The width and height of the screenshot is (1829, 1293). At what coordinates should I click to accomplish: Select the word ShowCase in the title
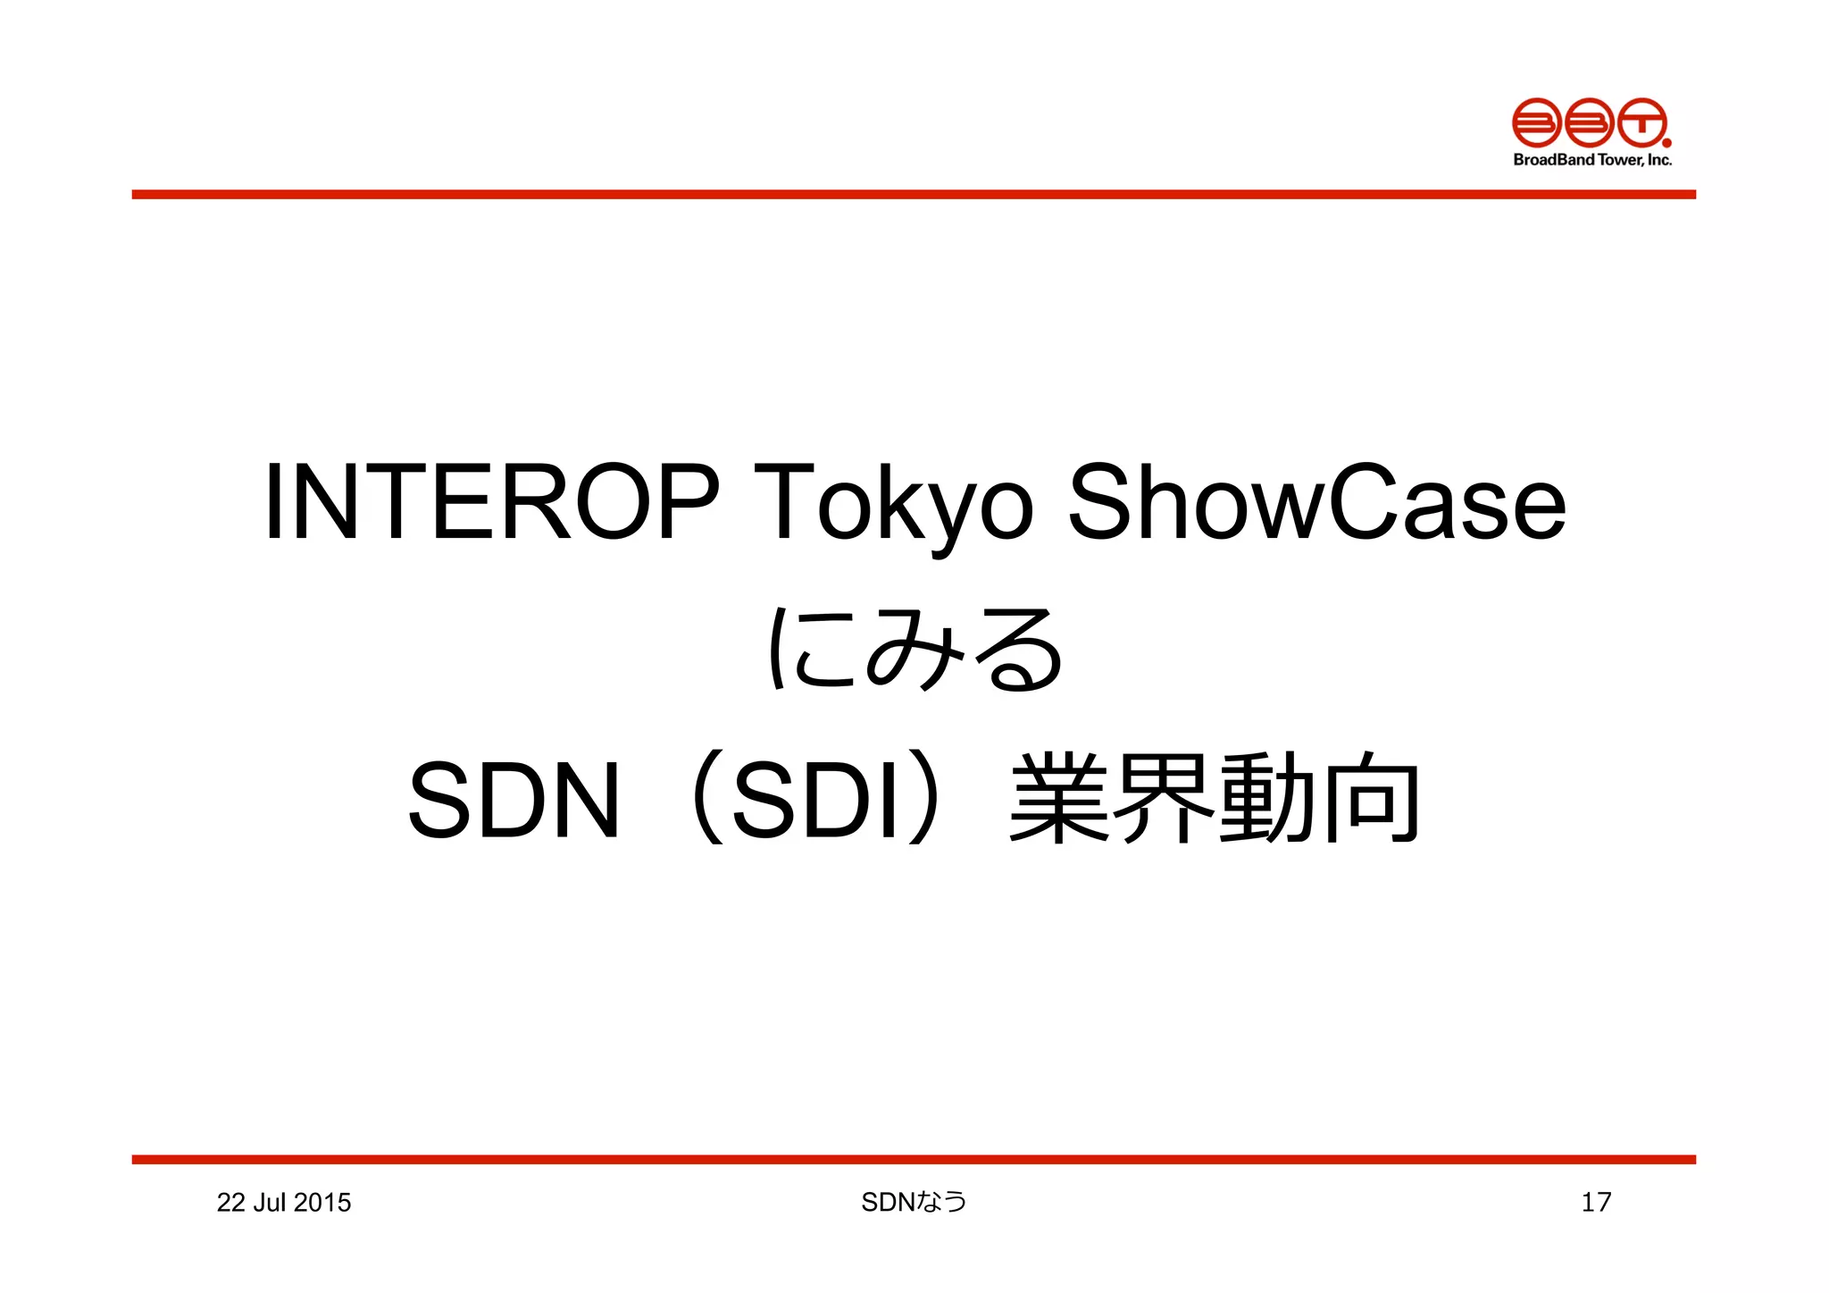coord(1316,502)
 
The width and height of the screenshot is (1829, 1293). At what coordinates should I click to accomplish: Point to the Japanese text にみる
coord(915,650)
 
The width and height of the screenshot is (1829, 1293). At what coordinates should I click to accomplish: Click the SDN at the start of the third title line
coord(514,799)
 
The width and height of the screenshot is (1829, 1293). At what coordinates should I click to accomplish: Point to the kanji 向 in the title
coord(1370,799)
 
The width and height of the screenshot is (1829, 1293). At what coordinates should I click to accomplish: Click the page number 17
coord(1596,1203)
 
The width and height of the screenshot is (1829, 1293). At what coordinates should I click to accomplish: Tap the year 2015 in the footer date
coord(322,1203)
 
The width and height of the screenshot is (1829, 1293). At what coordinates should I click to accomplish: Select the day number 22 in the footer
coord(230,1203)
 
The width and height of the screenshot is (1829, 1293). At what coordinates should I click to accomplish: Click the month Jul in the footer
coord(269,1203)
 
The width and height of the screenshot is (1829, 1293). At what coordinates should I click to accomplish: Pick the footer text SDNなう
coord(914,1203)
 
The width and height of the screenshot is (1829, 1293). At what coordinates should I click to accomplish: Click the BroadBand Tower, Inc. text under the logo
coord(1592,160)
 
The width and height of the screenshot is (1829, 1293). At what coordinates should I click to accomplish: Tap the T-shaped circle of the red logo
coord(1641,122)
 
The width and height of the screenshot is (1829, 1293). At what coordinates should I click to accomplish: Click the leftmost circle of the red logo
coord(1536,122)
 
